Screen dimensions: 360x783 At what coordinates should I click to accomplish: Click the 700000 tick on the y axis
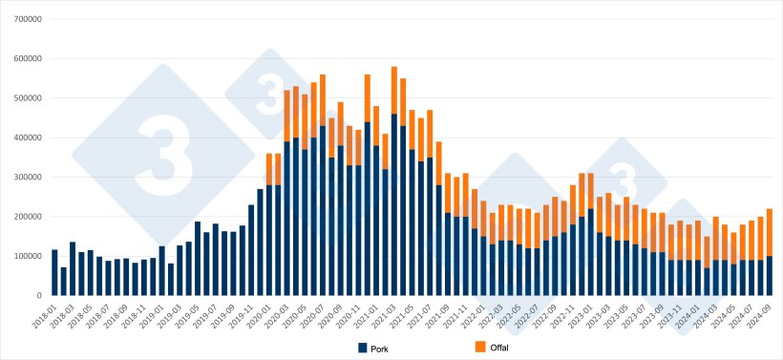coord(27,19)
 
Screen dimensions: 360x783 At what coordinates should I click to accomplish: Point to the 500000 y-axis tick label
coord(27,98)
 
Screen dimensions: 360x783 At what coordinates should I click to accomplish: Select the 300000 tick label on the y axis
coord(27,178)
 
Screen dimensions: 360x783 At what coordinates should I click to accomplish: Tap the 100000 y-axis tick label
coord(27,256)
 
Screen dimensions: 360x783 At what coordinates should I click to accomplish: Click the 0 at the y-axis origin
coord(38,296)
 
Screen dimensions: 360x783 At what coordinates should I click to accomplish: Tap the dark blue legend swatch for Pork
coord(363,346)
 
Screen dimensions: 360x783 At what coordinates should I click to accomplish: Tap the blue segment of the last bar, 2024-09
coord(771,276)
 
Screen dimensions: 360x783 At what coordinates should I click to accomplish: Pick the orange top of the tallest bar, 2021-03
coord(394,91)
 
